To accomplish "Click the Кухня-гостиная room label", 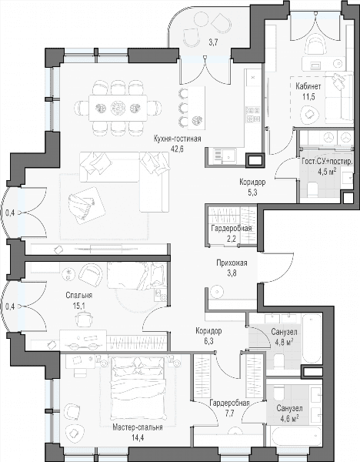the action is pos(177,139).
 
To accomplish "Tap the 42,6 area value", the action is pos(177,149).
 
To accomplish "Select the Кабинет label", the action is pos(308,86).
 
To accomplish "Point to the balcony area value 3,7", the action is pos(213,42).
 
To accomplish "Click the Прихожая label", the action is pos(232,263).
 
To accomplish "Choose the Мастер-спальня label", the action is pos(138,427).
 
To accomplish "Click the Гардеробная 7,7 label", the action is pos(229,408).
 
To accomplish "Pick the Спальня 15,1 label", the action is pos(79,300).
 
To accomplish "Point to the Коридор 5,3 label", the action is pos(252,187).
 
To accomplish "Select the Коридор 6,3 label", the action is pos(208,336).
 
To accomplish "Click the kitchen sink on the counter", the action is pos(228,155).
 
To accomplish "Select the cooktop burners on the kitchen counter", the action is pos(253,115).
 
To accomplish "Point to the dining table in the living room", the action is pos(118,107).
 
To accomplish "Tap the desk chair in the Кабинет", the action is pos(315,44).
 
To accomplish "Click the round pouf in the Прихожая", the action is pos(217,291).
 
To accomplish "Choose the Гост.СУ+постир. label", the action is pos(328,166).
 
